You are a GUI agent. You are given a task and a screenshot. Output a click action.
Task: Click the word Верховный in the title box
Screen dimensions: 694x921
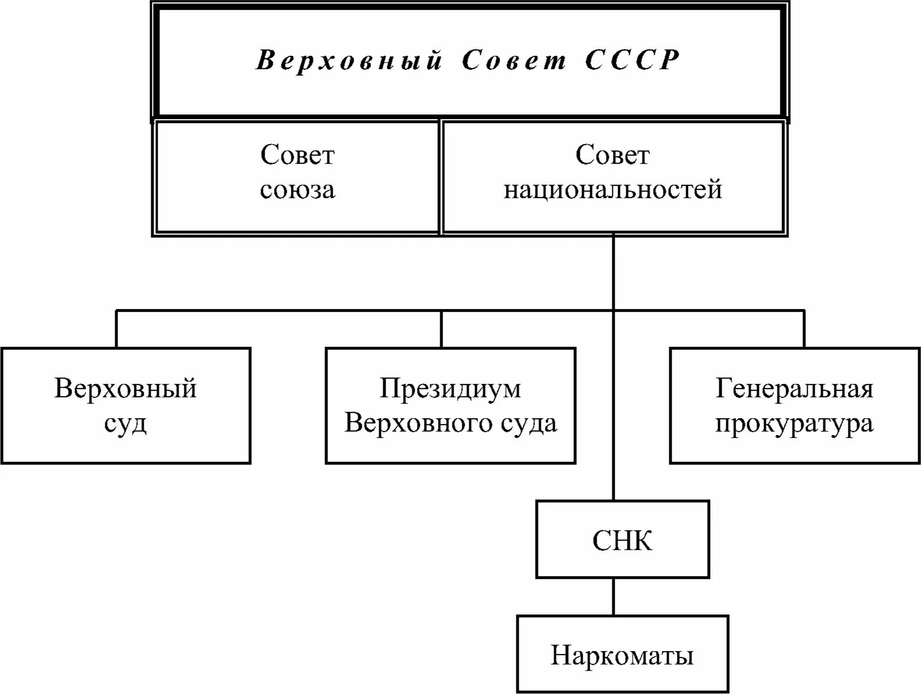[349, 60]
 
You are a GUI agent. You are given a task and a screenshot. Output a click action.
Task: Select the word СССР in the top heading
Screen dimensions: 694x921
[632, 60]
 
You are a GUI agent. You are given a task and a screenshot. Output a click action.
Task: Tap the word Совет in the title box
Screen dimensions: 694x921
[514, 60]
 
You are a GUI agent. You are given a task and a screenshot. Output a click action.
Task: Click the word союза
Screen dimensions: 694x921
[297, 190]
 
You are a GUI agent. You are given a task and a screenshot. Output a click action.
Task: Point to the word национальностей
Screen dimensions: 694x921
[613, 190]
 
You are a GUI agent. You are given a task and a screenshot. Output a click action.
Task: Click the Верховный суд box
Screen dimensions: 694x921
[126, 405]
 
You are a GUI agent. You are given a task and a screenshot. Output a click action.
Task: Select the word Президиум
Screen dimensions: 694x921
[450, 389]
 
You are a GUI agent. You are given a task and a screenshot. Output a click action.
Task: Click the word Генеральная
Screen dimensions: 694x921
[794, 389]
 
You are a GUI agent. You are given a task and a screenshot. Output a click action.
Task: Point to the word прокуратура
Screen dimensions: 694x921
[794, 423]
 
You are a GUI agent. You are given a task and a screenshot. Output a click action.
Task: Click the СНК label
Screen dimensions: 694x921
[622, 541]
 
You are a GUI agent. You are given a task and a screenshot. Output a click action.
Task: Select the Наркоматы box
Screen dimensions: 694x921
[622, 655]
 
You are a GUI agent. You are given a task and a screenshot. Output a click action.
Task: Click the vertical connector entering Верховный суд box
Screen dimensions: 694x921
[116, 329]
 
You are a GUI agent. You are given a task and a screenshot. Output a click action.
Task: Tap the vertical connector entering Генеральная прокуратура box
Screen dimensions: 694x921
[805, 329]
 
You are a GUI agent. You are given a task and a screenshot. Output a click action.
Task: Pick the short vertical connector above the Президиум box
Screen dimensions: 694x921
[441, 329]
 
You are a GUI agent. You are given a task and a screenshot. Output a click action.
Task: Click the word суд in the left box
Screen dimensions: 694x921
[126, 423]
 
